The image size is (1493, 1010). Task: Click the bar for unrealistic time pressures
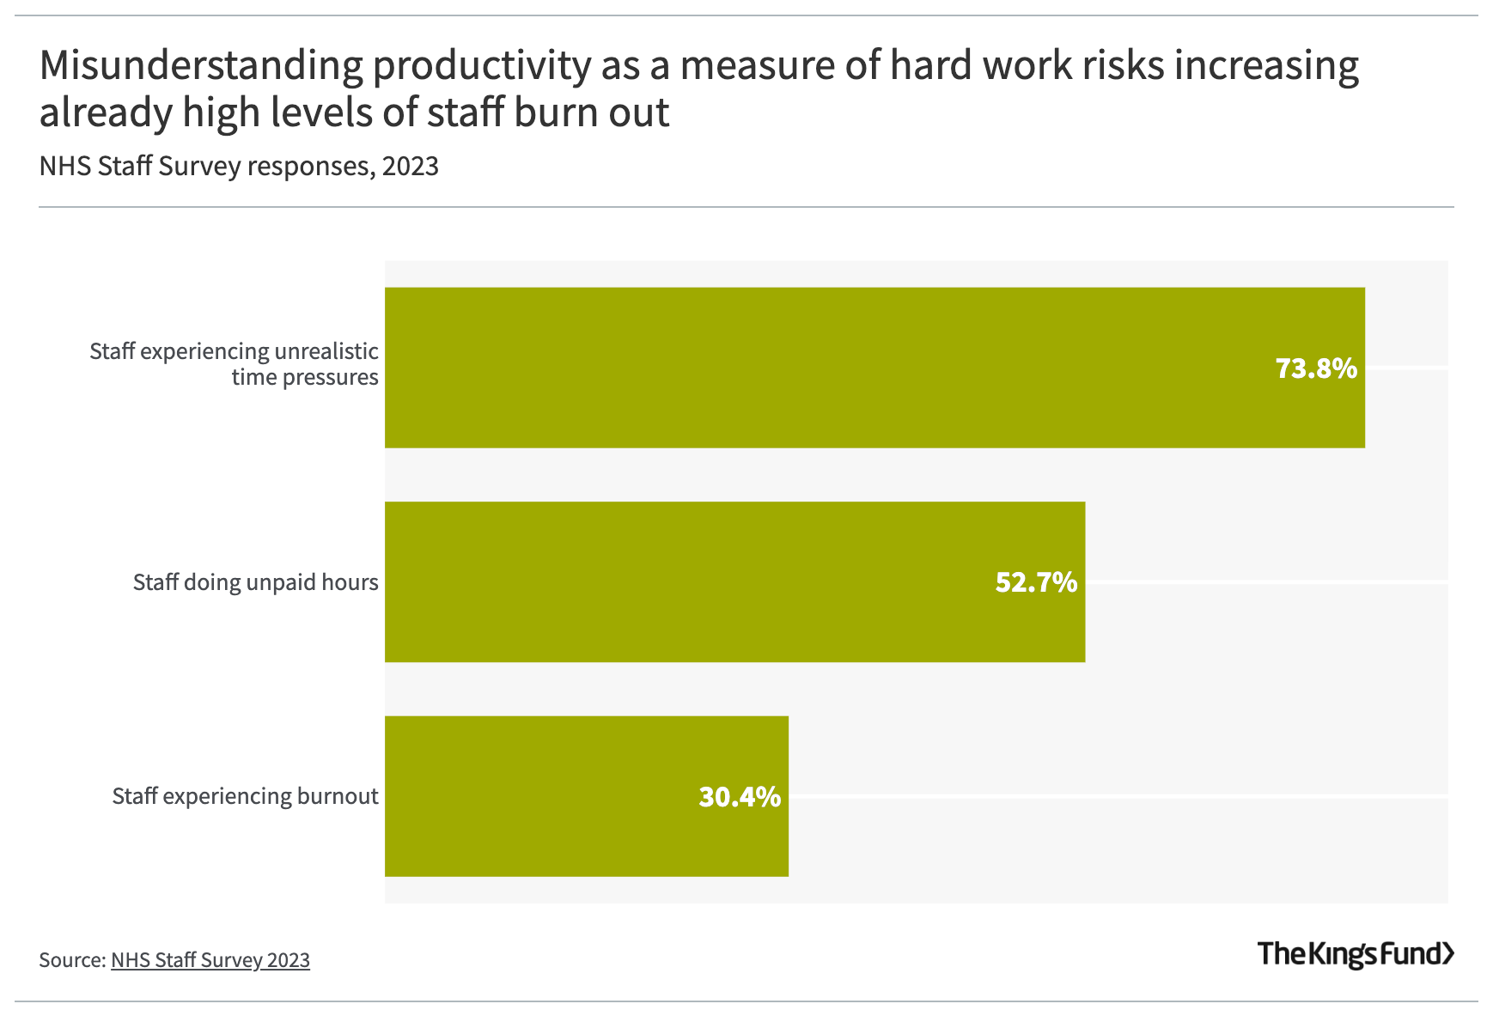tap(859, 368)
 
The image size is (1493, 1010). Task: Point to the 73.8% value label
tap(1316, 368)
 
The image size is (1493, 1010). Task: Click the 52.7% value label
tap(1036, 582)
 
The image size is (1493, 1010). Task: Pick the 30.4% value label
tap(740, 797)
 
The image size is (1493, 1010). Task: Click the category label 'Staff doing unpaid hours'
tap(255, 582)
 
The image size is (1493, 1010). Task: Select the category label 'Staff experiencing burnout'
tap(245, 796)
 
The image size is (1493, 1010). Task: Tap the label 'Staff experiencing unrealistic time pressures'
tap(234, 364)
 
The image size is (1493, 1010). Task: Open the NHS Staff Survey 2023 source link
tap(210, 959)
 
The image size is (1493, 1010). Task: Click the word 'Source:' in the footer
tap(71, 959)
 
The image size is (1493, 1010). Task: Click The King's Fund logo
tap(1356, 953)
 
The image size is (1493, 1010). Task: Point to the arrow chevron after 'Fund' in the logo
tap(1448, 953)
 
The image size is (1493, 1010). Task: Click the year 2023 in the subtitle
tap(411, 166)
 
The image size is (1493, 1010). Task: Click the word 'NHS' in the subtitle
tap(65, 166)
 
